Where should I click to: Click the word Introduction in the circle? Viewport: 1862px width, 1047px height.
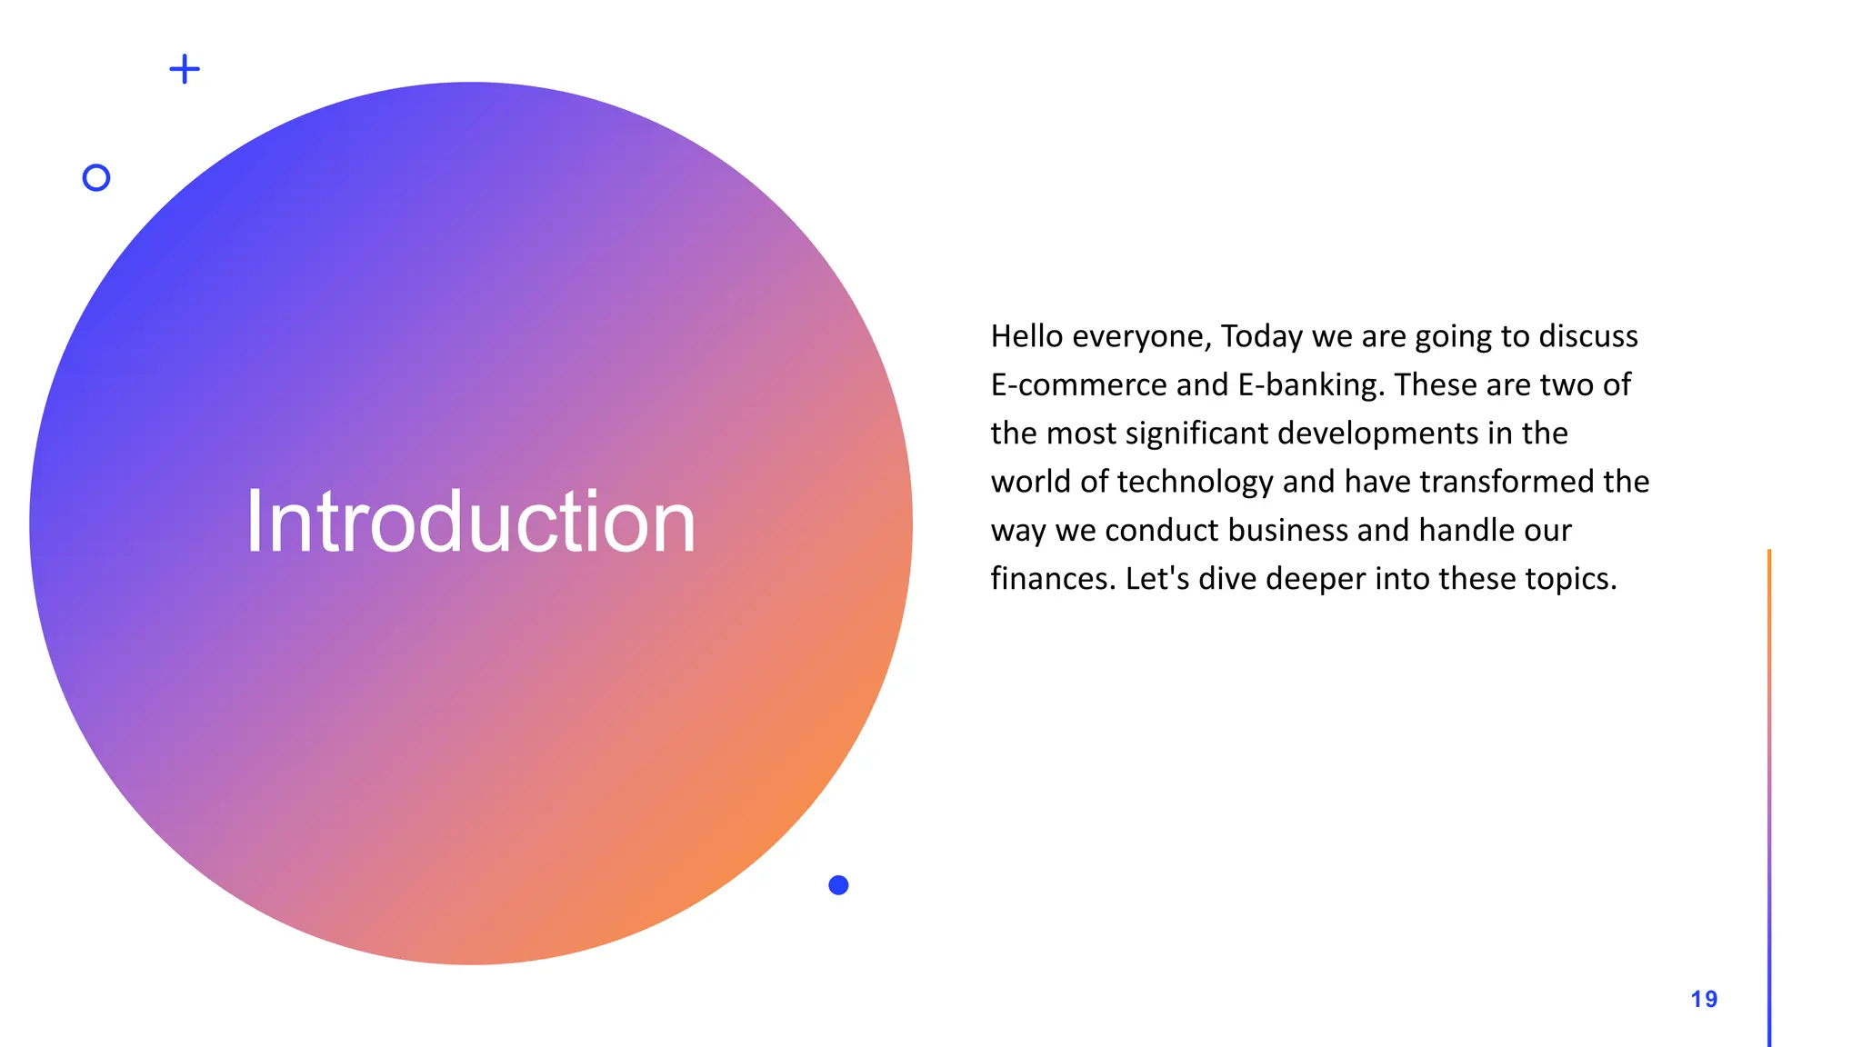pyautogui.click(x=471, y=522)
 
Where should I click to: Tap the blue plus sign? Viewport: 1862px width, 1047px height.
pyautogui.click(x=185, y=69)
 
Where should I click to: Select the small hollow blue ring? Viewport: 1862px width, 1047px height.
pyautogui.click(x=96, y=177)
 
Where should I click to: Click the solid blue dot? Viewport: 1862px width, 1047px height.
pyautogui.click(x=838, y=885)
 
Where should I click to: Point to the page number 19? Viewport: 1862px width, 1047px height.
pyautogui.click(x=1704, y=1000)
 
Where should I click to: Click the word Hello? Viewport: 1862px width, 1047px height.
pyautogui.click(x=1026, y=336)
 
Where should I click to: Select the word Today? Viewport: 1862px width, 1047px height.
pyautogui.click(x=1261, y=336)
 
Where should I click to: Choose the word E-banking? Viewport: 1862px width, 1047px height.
pyautogui.click(x=1311, y=385)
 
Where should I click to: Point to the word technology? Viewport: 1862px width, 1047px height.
pyautogui.click(x=1195, y=482)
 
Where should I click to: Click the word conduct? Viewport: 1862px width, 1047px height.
pyautogui.click(x=1161, y=531)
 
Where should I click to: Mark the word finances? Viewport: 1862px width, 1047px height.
pyautogui.click(x=1052, y=579)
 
